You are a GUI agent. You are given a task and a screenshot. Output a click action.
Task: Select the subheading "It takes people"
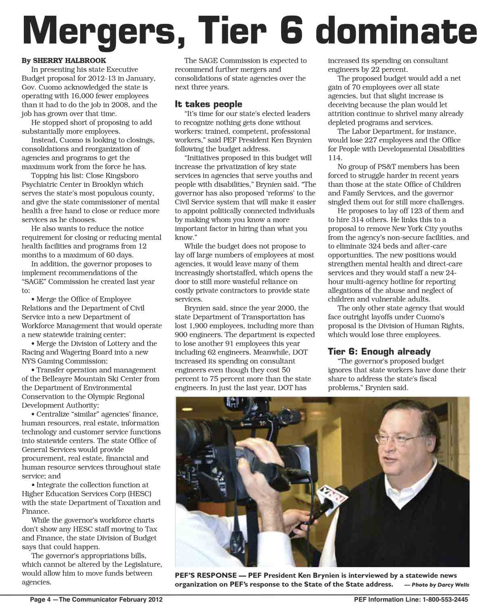click(x=208, y=104)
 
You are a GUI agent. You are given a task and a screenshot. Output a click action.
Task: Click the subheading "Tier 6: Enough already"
click(x=379, y=351)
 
